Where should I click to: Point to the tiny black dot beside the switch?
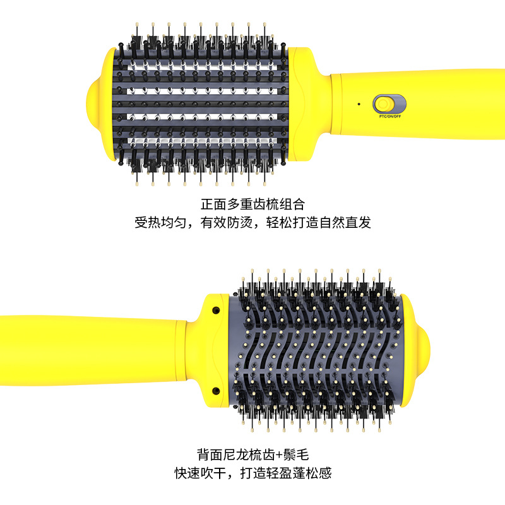tap(358, 104)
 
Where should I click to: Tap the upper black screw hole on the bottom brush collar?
tap(215, 311)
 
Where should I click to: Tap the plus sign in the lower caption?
tap(276, 454)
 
